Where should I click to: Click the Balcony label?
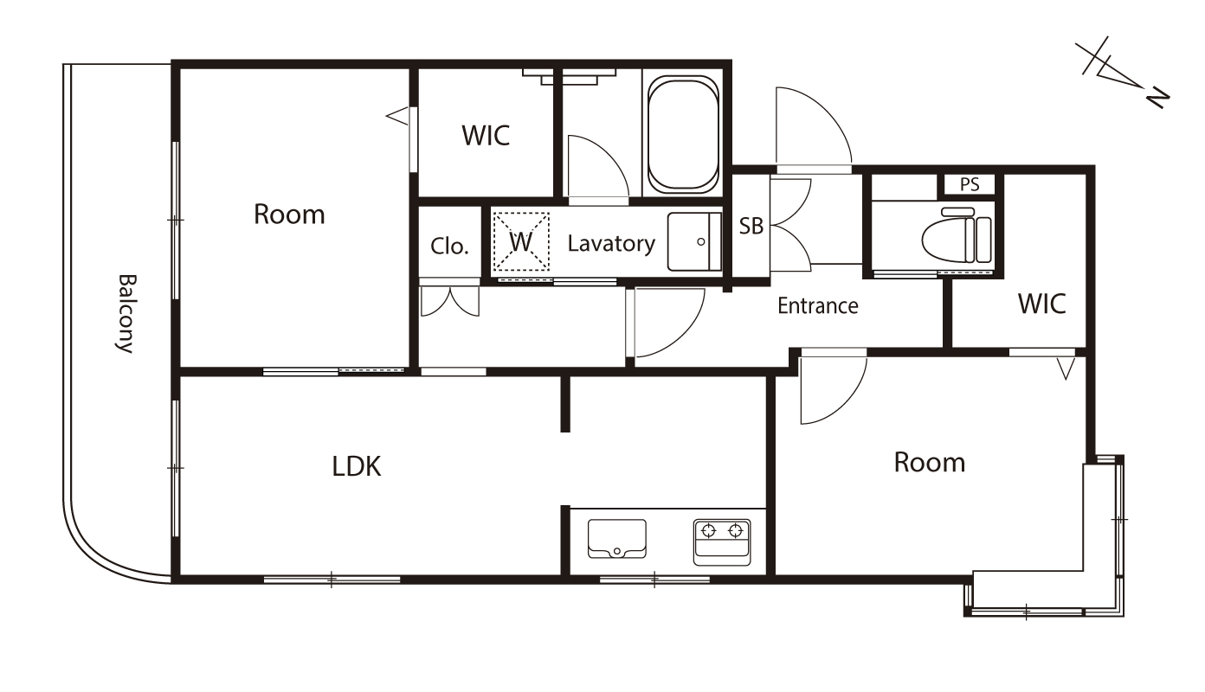[127, 313]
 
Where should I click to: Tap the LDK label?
[357, 466]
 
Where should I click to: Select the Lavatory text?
[611, 244]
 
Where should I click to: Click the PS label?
[970, 184]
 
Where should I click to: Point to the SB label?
[751, 227]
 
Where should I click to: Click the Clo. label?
[450, 247]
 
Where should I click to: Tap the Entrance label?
[818, 306]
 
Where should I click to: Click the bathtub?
[683, 134]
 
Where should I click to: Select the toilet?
[957, 237]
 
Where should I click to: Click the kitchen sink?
[617, 538]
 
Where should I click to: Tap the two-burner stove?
[722, 542]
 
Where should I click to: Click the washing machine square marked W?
[521, 241]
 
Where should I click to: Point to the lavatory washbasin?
[694, 241]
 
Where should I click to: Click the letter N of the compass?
[1157, 100]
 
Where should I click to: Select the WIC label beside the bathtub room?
[486, 136]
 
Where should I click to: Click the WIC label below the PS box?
[1042, 304]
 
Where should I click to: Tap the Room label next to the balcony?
[289, 215]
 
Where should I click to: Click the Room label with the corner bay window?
[930, 463]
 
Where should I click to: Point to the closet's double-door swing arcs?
[450, 301]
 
